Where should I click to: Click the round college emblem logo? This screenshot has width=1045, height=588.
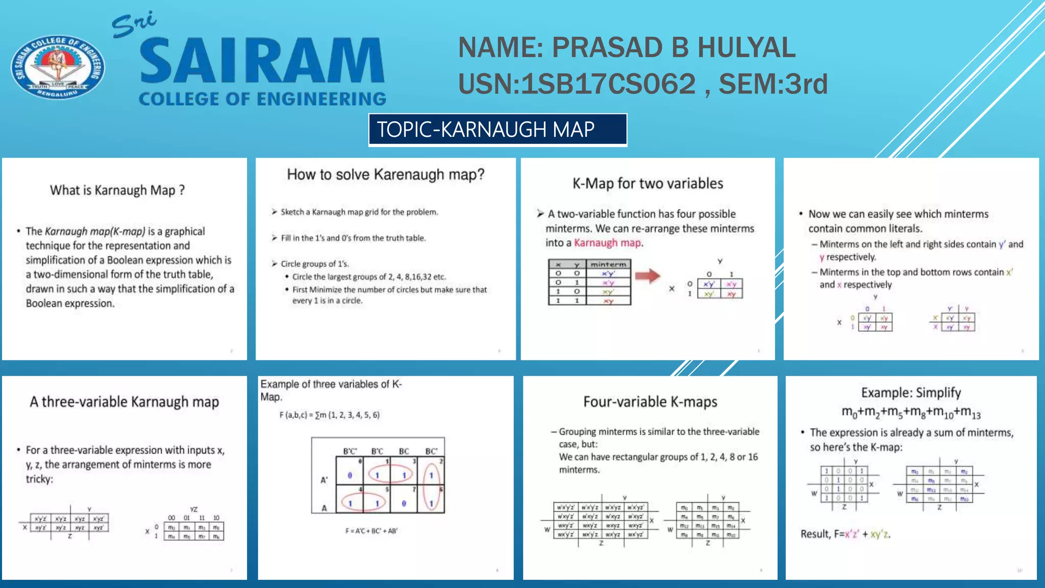pyautogui.click(x=58, y=66)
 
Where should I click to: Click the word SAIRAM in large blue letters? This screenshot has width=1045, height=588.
pyautogui.click(x=262, y=61)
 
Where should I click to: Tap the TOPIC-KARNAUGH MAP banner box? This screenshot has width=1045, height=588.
pyautogui.click(x=497, y=130)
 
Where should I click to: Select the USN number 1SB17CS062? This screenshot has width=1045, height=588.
pyautogui.click(x=608, y=84)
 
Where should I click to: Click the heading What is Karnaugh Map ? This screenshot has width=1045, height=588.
pyautogui.click(x=117, y=190)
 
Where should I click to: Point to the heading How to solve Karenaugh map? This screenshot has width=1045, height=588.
pyautogui.click(x=385, y=175)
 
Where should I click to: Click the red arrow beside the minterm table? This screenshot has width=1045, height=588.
pyautogui.click(x=648, y=276)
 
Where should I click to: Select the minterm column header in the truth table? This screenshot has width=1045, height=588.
pyautogui.click(x=608, y=264)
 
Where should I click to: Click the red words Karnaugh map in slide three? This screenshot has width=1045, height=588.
pyautogui.click(x=607, y=243)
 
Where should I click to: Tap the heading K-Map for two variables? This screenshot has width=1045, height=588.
pyautogui.click(x=648, y=183)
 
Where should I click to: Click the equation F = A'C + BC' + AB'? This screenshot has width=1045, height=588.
pyautogui.click(x=371, y=531)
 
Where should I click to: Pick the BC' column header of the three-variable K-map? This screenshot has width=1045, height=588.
pyautogui.click(x=431, y=451)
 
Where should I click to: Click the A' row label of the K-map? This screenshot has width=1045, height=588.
pyautogui.click(x=324, y=480)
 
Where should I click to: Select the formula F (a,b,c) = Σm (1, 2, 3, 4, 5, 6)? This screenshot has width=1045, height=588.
pyautogui.click(x=329, y=415)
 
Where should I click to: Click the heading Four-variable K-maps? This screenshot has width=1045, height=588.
pyautogui.click(x=650, y=402)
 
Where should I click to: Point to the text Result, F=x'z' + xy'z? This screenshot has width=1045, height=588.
pyautogui.click(x=845, y=534)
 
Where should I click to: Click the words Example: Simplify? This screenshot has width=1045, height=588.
pyautogui.click(x=911, y=393)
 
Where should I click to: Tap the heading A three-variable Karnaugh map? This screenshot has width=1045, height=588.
pyautogui.click(x=124, y=402)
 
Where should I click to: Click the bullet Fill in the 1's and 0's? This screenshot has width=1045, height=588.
pyautogui.click(x=353, y=238)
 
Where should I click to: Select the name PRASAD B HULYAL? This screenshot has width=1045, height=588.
pyautogui.click(x=674, y=48)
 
